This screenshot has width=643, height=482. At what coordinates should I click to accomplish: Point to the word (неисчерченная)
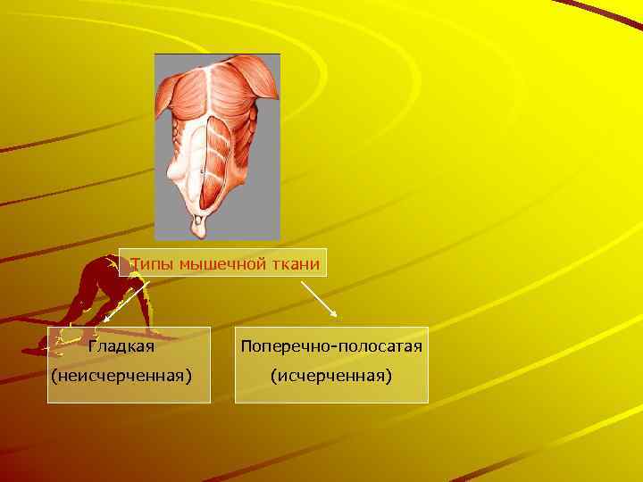pos(121,376)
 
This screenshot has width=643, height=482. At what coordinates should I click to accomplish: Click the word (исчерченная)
pos(331,376)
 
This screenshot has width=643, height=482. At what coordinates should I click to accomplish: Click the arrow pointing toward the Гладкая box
pos(125,300)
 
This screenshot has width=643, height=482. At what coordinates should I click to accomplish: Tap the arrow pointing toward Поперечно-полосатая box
pos(319,299)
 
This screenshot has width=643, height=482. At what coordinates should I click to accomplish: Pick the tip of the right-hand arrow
pos(336,316)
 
